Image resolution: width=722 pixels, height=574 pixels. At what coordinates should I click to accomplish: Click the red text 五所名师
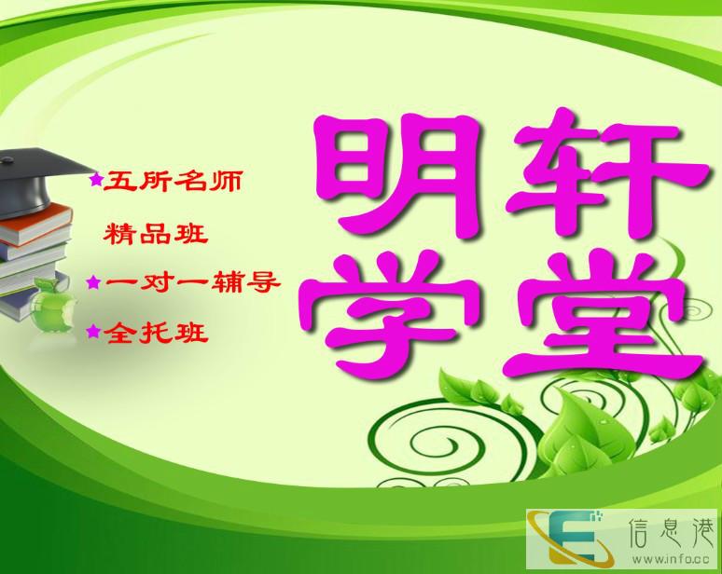coord(173,181)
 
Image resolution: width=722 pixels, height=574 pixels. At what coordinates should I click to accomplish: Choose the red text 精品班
coord(156,233)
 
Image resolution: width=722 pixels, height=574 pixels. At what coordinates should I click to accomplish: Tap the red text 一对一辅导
coord(192,282)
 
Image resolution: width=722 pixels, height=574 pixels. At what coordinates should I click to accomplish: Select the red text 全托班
coord(156,332)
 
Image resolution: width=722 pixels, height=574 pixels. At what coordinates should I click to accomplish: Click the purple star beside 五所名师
coord(96,179)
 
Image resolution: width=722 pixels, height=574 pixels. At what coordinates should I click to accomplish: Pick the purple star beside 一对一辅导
coord(93,282)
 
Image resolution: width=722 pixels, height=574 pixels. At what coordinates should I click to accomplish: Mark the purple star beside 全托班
coord(93,331)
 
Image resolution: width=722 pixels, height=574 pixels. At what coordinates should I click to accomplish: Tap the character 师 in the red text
coord(225,181)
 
